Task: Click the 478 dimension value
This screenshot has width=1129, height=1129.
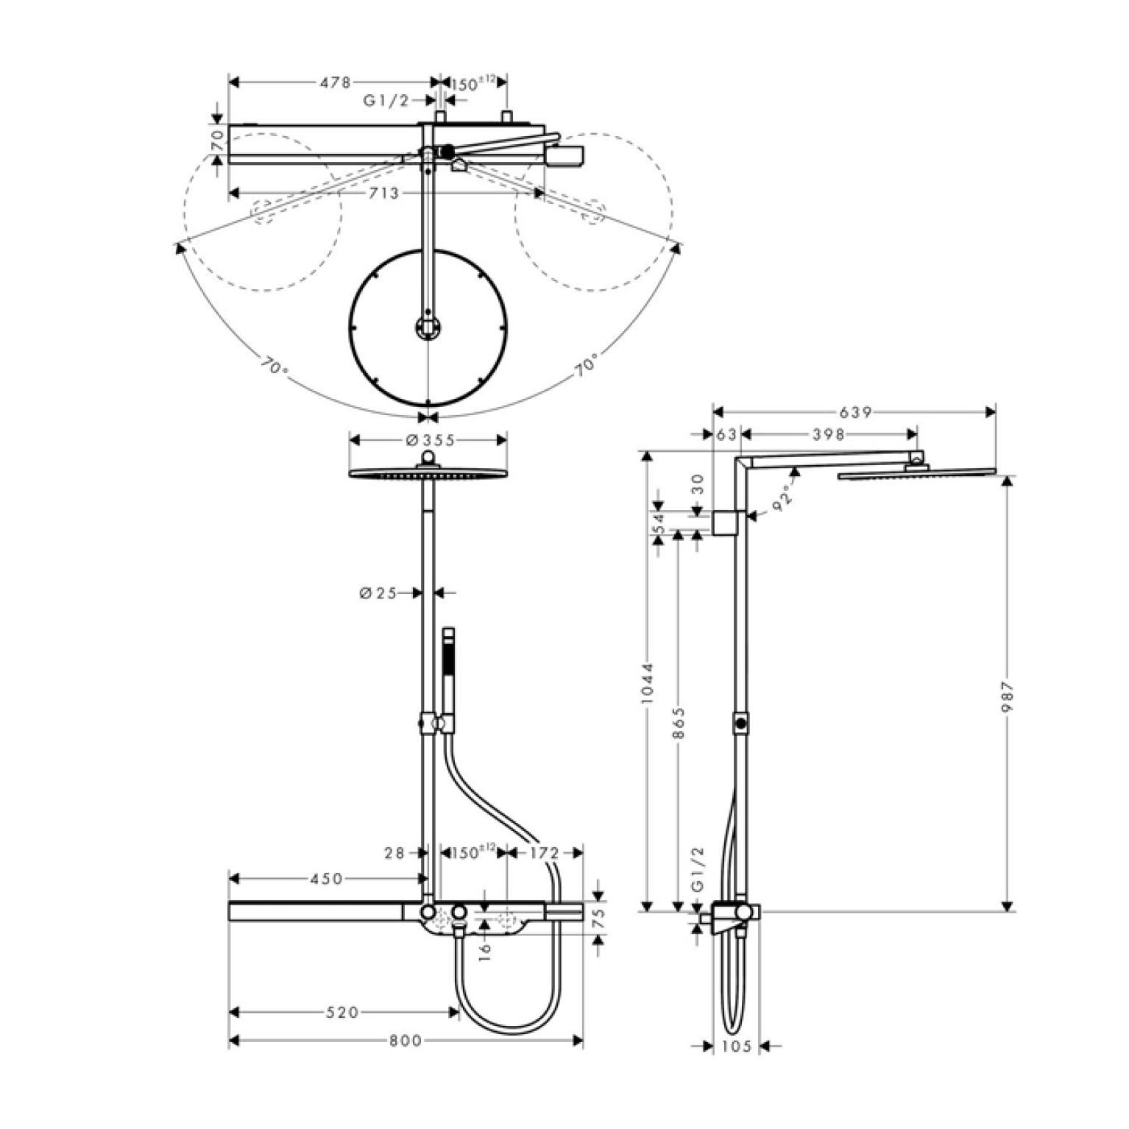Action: [x=335, y=83]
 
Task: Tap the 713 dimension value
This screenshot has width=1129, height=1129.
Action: [x=383, y=194]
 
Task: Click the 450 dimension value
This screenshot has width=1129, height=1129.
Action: [x=327, y=879]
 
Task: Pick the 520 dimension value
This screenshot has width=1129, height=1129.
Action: [x=342, y=1013]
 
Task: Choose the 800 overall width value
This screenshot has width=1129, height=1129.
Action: [x=406, y=1041]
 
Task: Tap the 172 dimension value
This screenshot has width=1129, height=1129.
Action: [x=545, y=853]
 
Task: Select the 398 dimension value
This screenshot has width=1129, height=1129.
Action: [x=829, y=435]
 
